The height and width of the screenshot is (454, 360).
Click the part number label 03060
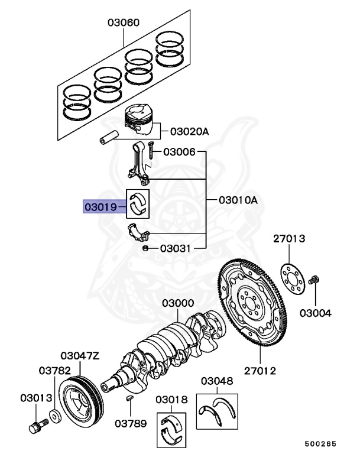(124, 23)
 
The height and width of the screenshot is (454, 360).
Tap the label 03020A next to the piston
(189, 132)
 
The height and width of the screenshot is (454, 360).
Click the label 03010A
(238, 200)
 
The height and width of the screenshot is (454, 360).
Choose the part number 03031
(175, 249)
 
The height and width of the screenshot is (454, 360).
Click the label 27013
(289, 239)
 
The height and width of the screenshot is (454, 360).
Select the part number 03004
(315, 313)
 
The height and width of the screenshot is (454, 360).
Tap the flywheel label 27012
(260, 371)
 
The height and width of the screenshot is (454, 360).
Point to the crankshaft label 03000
(178, 303)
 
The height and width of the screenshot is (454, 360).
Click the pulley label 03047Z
(80, 356)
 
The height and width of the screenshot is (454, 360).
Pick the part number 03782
(56, 371)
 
